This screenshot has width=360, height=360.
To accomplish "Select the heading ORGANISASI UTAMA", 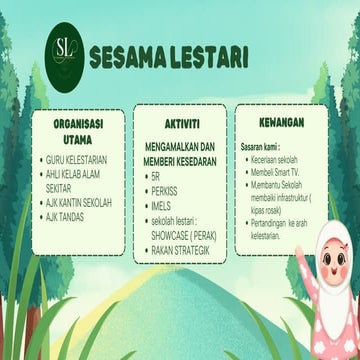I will tap(80, 129).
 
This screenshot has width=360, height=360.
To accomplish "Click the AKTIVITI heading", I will tap(179, 118).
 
